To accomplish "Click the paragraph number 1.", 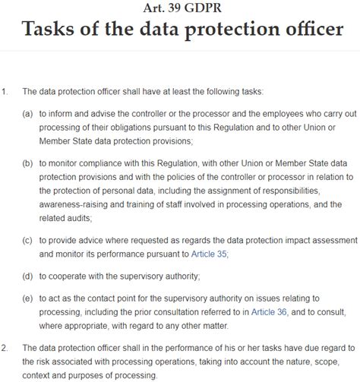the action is point(5,91).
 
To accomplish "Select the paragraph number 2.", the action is point(5,348).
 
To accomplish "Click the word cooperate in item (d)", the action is point(71,276).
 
